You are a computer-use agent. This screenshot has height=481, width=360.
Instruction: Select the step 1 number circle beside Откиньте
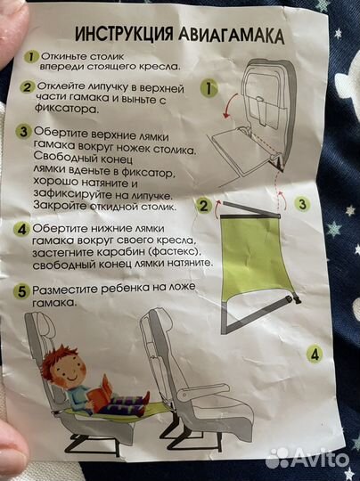point(31,56)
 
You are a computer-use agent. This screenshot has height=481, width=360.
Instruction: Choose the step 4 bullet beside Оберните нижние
point(22,228)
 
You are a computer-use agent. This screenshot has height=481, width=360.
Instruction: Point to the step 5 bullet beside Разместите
point(22,290)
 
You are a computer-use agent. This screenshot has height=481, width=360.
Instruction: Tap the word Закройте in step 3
point(60,206)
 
